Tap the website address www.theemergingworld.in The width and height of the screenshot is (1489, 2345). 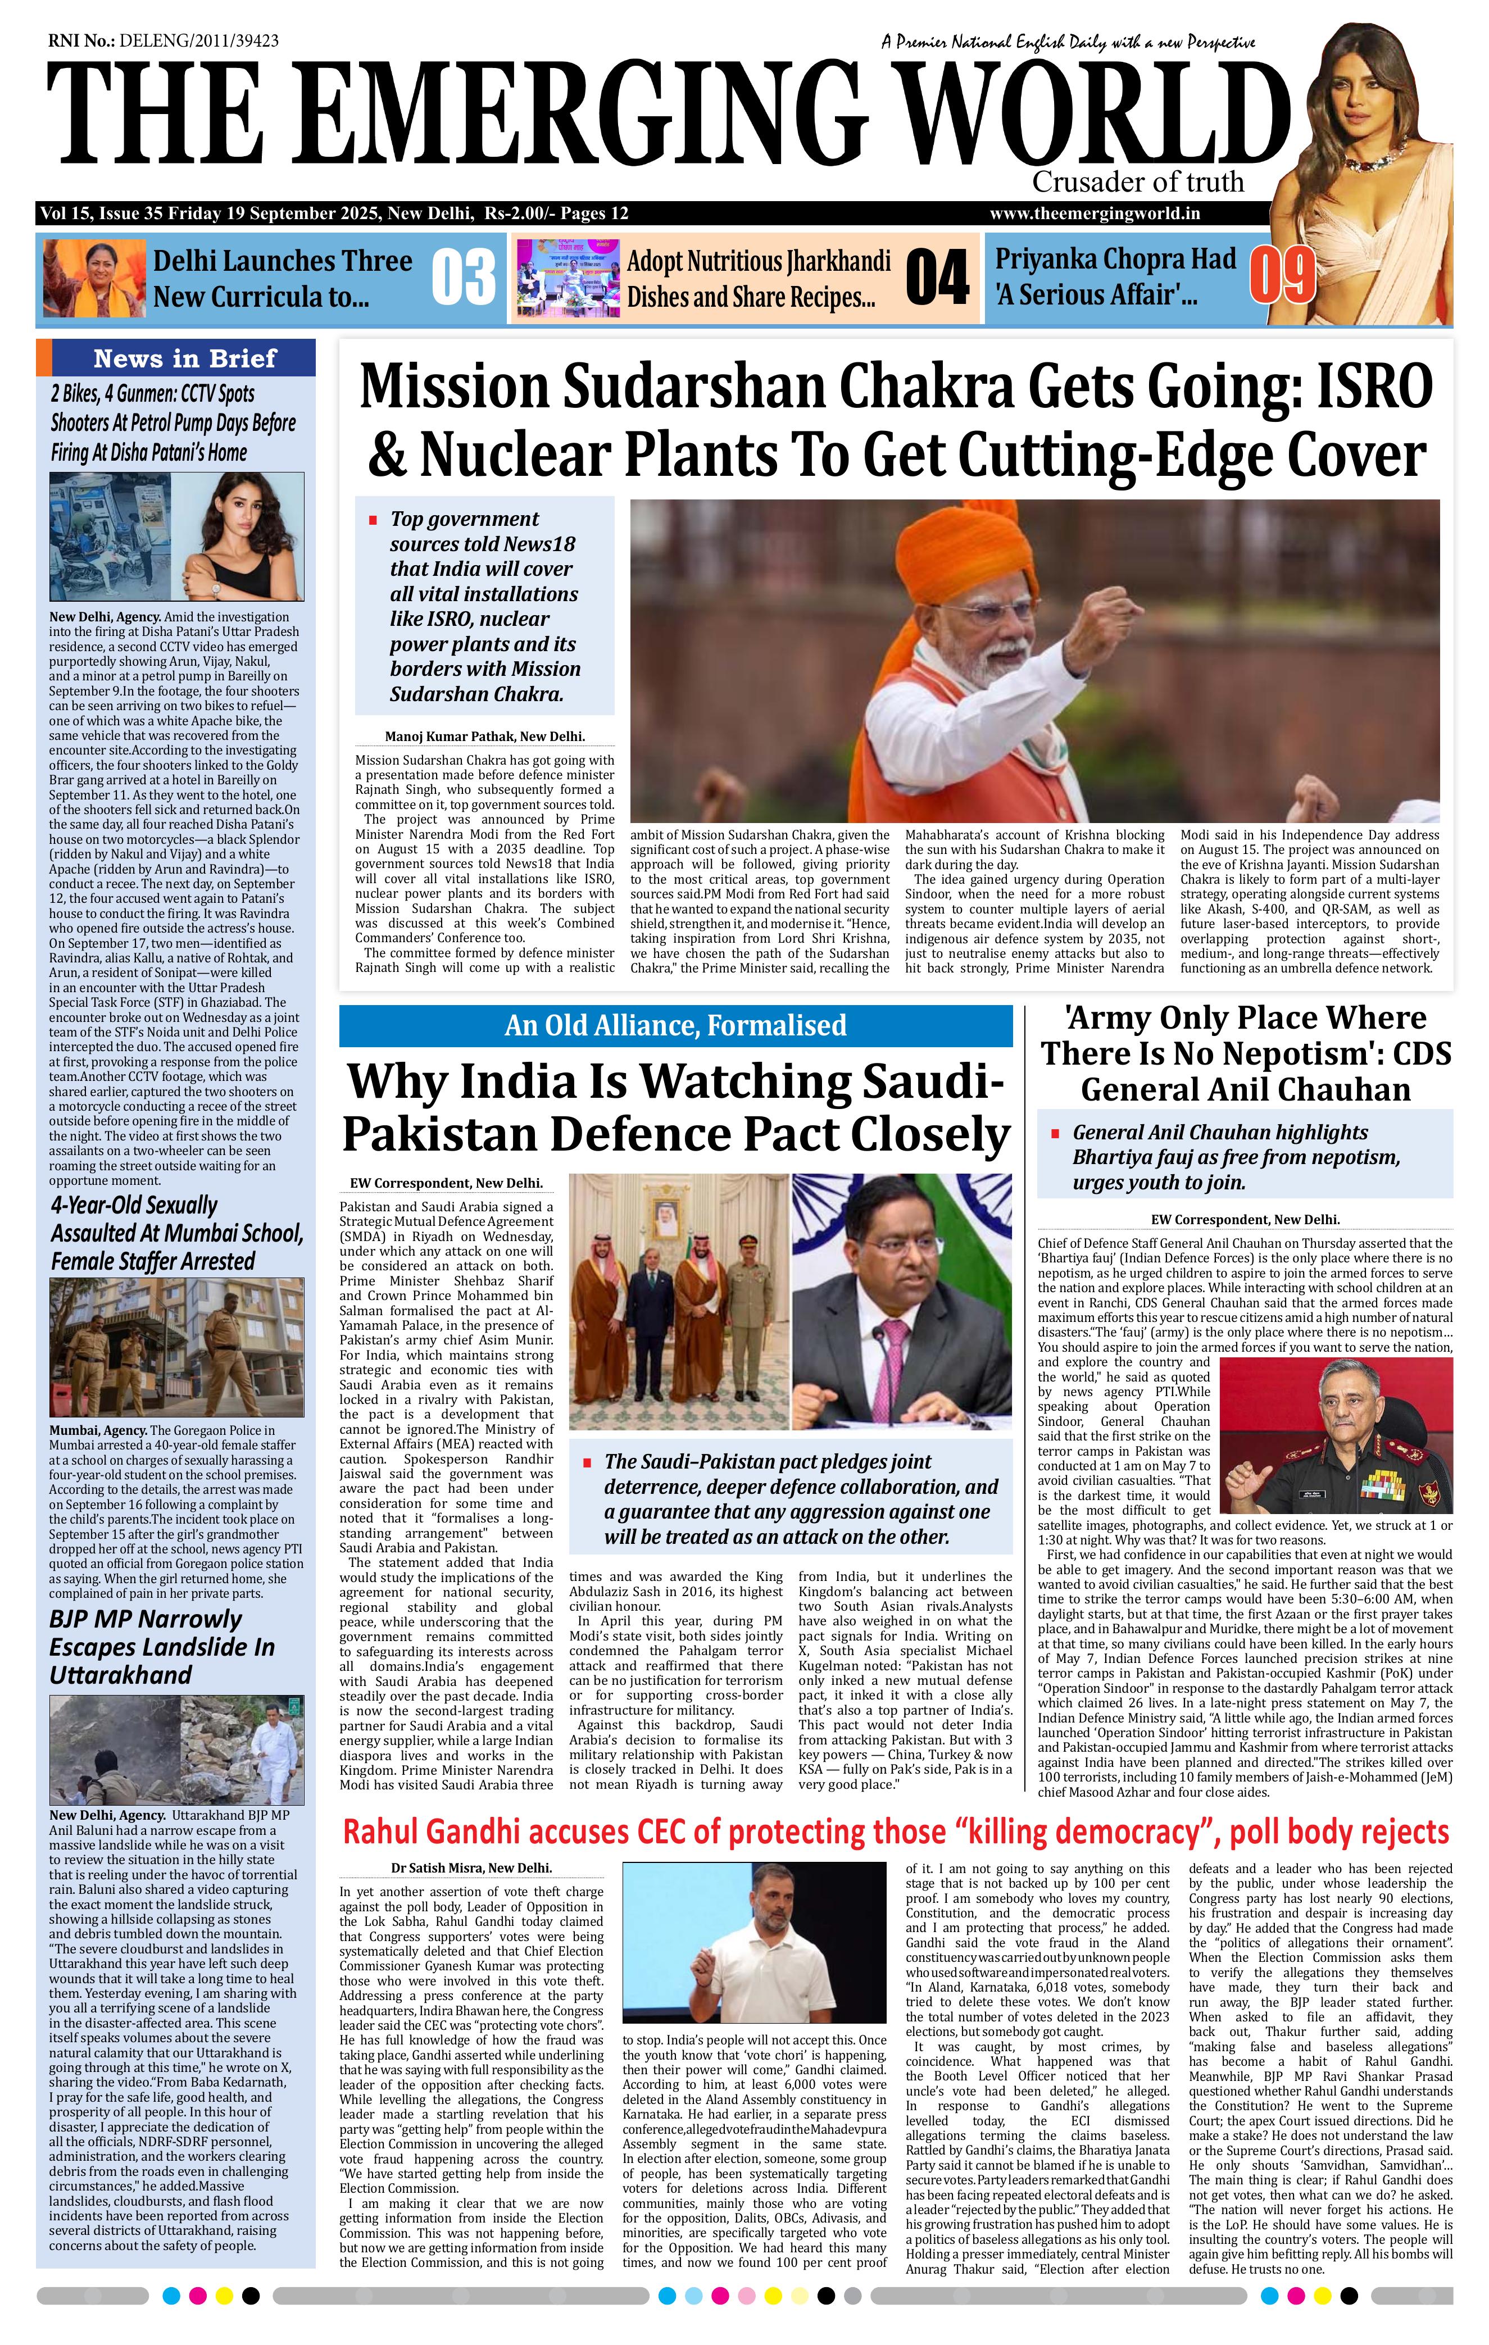tap(1093, 214)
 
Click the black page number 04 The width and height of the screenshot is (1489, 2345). tap(936, 279)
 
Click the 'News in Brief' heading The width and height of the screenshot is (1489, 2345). tap(185, 358)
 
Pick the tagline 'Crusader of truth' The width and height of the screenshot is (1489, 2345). tap(1137, 182)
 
